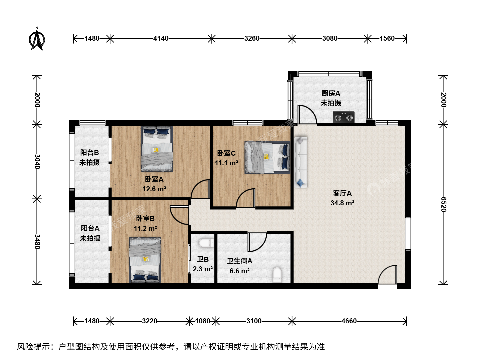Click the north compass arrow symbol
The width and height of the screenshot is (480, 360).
37,39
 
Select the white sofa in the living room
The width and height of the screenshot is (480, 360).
301,162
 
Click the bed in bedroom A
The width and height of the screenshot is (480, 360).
157,149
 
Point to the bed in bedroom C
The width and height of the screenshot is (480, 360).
267,157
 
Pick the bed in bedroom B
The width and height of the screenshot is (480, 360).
145,260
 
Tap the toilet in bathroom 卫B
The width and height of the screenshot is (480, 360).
206,243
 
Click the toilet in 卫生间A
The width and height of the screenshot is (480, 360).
277,275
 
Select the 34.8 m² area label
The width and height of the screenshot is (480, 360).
342,203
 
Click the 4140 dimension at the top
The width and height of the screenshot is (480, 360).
161,38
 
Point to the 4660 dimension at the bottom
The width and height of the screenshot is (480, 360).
349,321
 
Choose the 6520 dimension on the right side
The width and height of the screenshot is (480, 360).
443,205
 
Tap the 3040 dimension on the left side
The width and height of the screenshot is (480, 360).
37,162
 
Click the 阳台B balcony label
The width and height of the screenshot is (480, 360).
89,152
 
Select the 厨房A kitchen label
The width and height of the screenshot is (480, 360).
331,93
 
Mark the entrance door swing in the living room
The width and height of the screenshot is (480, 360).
387,275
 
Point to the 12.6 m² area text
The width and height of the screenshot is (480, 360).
154,189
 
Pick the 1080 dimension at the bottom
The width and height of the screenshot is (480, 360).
202,321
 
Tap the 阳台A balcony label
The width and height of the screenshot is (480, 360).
90,228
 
